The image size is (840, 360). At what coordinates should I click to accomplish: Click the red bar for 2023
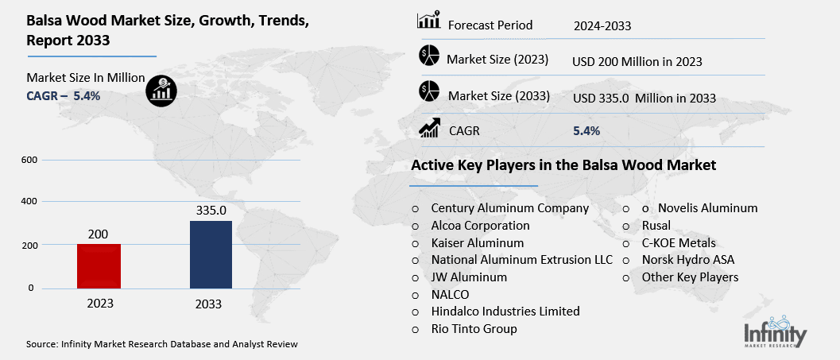99,266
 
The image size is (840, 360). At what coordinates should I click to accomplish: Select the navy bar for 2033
211,254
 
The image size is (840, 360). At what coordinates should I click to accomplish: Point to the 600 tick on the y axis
28,160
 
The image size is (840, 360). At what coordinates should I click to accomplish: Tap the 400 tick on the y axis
28,202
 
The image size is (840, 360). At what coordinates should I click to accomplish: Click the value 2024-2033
602,26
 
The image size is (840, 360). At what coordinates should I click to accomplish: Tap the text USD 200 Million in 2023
637,61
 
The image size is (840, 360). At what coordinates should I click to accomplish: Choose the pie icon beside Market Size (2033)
429,92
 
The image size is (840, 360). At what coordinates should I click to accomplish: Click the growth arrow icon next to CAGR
429,128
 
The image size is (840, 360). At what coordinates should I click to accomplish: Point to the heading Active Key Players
563,165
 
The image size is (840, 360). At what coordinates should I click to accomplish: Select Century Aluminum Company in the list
509,208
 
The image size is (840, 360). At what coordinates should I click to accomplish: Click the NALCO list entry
450,294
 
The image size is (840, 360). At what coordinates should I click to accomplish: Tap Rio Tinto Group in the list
474,329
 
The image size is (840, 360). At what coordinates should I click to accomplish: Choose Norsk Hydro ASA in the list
688,260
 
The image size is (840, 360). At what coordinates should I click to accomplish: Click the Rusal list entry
657,226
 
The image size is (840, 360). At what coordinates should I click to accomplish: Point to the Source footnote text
162,344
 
